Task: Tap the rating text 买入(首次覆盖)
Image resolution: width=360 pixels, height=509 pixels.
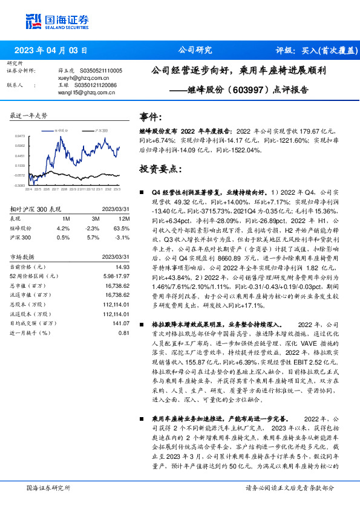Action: pyautogui.click(x=325, y=50)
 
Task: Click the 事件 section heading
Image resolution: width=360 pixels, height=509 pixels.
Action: pyautogui.click(x=151, y=117)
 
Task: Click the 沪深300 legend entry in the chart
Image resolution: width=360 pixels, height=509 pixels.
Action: pyautogui.click(x=101, y=130)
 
